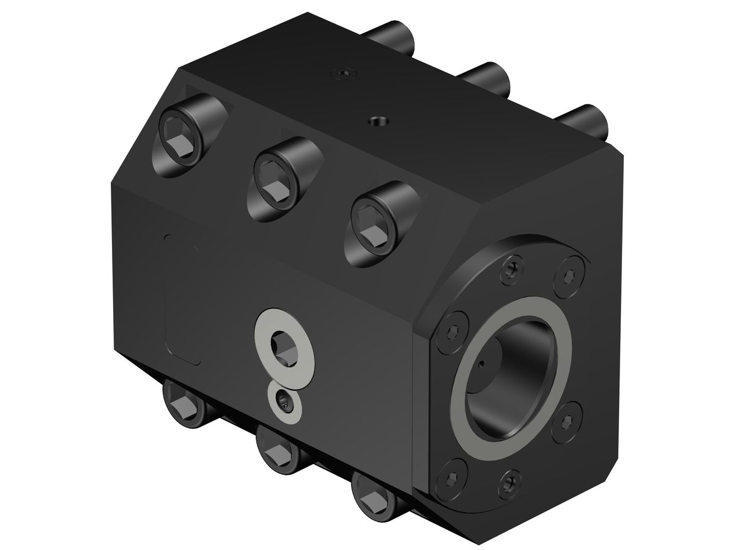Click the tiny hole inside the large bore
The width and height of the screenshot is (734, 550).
483,367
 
